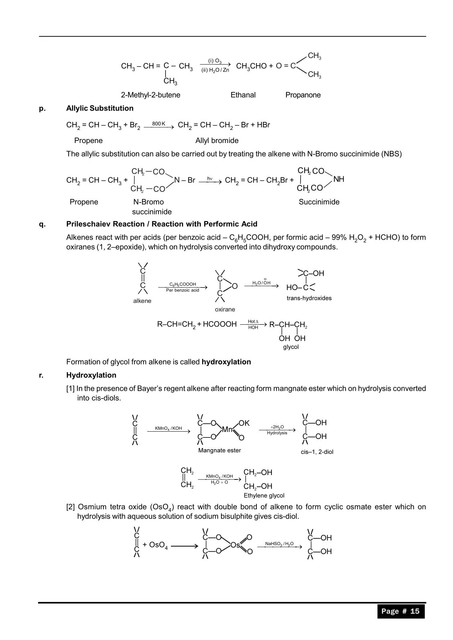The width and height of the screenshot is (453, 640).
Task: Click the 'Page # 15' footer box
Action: (401, 611)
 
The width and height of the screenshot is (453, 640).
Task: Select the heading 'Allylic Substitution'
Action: (100, 108)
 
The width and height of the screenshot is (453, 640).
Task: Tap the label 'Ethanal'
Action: (243, 95)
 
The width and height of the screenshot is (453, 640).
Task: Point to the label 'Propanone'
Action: (303, 95)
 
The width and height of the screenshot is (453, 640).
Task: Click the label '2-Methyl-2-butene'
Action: (151, 95)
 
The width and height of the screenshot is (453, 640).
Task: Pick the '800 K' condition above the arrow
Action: (159, 124)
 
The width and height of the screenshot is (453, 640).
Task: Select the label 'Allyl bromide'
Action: (217, 140)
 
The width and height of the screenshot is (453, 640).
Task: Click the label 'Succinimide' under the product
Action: (319, 202)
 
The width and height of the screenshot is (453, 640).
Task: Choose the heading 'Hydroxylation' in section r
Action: (91, 375)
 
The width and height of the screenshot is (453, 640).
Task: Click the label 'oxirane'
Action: (225, 309)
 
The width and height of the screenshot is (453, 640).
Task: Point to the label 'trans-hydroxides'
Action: (309, 298)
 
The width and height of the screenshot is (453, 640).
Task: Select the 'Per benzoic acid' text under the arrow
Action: (183, 290)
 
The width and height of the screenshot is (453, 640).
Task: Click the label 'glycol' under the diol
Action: (291, 347)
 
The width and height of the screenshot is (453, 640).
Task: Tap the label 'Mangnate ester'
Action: (220, 450)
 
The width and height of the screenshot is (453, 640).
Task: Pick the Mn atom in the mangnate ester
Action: (227, 429)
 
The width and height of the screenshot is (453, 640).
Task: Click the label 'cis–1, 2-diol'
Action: (317, 452)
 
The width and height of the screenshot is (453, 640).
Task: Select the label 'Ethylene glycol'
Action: (264, 496)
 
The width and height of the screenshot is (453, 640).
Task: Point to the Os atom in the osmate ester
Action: (236, 545)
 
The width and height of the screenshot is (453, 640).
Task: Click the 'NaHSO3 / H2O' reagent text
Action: (279, 544)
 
